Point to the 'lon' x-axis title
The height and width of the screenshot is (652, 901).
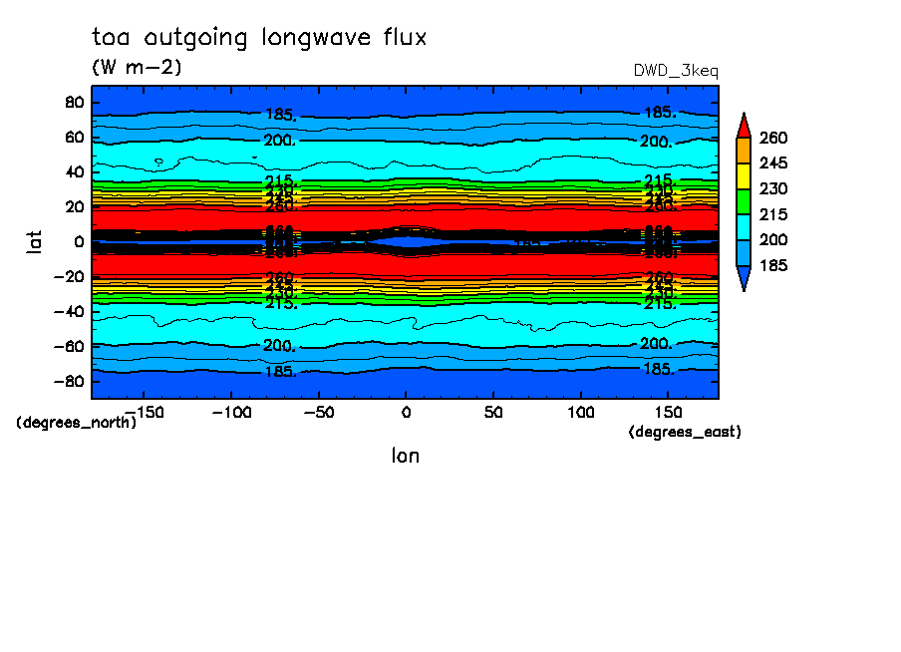pyautogui.click(x=405, y=456)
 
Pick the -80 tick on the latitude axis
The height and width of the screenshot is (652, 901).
pyautogui.click(x=70, y=381)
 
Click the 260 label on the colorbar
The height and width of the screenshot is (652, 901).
pyautogui.click(x=773, y=137)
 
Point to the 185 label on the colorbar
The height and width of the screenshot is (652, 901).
pyautogui.click(x=773, y=266)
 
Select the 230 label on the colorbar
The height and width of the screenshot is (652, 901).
pyautogui.click(x=773, y=188)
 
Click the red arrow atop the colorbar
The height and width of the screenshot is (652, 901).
pyautogui.click(x=743, y=124)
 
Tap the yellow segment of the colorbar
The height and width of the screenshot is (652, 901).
pyautogui.click(x=743, y=175)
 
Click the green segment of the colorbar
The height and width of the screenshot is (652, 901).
pyautogui.click(x=743, y=201)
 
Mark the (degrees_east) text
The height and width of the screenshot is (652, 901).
pyautogui.click(x=685, y=432)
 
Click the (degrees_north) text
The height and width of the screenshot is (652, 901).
pyautogui.click(x=76, y=422)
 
